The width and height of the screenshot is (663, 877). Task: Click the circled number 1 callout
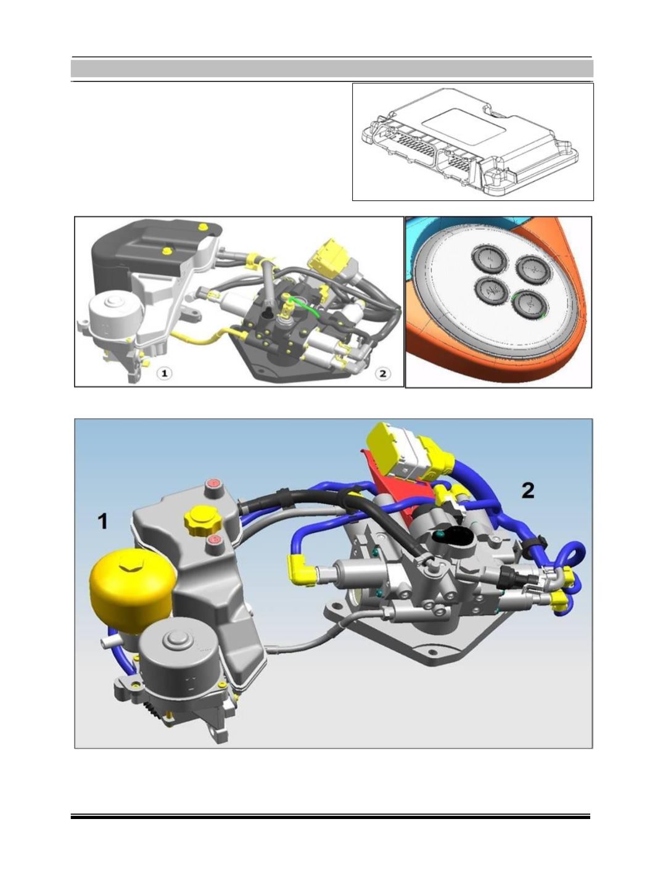164,374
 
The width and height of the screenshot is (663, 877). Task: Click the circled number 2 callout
382,374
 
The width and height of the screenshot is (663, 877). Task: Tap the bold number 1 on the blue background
102,522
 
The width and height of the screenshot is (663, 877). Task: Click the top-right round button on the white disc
533,270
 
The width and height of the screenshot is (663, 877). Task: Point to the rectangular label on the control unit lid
463,126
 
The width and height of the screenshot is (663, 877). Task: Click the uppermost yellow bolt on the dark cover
203,227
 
